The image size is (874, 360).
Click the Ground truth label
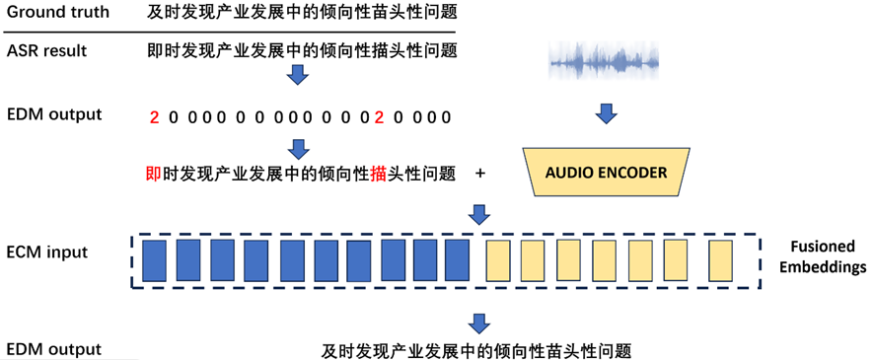pyautogui.click(x=58, y=12)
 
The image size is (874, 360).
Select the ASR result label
pyautogui.click(x=47, y=50)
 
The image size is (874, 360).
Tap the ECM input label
pyautogui.click(x=47, y=252)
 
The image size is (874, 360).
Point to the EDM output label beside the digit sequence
pyautogui.click(x=54, y=114)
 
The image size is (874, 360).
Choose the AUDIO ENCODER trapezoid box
pyautogui.click(x=606, y=172)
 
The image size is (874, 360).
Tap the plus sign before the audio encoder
pyautogui.click(x=479, y=174)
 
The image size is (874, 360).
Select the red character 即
pyautogui.click(x=154, y=174)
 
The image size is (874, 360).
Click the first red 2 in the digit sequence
pyautogui.click(x=154, y=118)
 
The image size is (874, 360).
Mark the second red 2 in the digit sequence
pyautogui.click(x=380, y=118)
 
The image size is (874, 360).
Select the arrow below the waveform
pyautogui.click(x=606, y=113)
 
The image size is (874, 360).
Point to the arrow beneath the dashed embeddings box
pyautogui.click(x=479, y=324)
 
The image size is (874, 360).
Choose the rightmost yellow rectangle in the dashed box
pyautogui.click(x=720, y=260)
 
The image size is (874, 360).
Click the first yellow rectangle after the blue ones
pyautogui.click(x=498, y=260)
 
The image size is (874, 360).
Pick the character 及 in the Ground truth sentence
pyautogui.click(x=155, y=12)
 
